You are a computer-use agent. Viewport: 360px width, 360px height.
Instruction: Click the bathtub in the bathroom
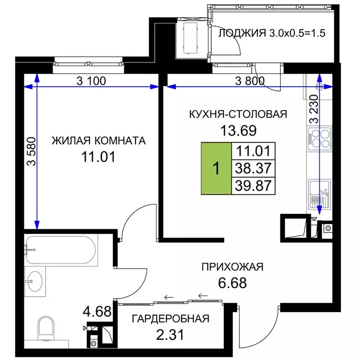61,250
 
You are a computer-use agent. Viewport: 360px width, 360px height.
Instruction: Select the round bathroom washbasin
35,281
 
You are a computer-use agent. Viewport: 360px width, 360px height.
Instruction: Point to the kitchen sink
319,194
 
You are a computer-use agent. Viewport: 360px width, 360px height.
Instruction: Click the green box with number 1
216,169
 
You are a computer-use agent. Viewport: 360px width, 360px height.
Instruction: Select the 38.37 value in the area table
253,168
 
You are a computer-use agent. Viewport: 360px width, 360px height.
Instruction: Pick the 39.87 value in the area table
253,185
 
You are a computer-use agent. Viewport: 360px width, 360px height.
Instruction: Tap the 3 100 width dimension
91,81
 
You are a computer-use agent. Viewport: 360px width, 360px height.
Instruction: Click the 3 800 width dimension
250,81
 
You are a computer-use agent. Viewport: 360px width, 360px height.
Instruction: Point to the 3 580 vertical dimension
31,151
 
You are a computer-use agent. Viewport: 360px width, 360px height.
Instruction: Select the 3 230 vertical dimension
314,109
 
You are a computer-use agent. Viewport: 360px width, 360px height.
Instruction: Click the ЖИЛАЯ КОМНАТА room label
99,141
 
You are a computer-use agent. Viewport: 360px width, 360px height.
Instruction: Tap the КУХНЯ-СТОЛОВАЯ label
238,114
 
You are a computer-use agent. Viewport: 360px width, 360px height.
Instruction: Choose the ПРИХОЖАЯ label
232,267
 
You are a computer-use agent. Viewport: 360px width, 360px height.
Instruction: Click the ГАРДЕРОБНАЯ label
171,319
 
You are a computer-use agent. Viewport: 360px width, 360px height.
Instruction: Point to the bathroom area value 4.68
97,312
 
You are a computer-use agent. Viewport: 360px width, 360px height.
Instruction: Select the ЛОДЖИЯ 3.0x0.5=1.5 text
271,33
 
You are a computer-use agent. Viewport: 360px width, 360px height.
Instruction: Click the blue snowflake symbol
320,87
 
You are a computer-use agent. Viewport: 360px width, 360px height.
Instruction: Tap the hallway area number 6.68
232,283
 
